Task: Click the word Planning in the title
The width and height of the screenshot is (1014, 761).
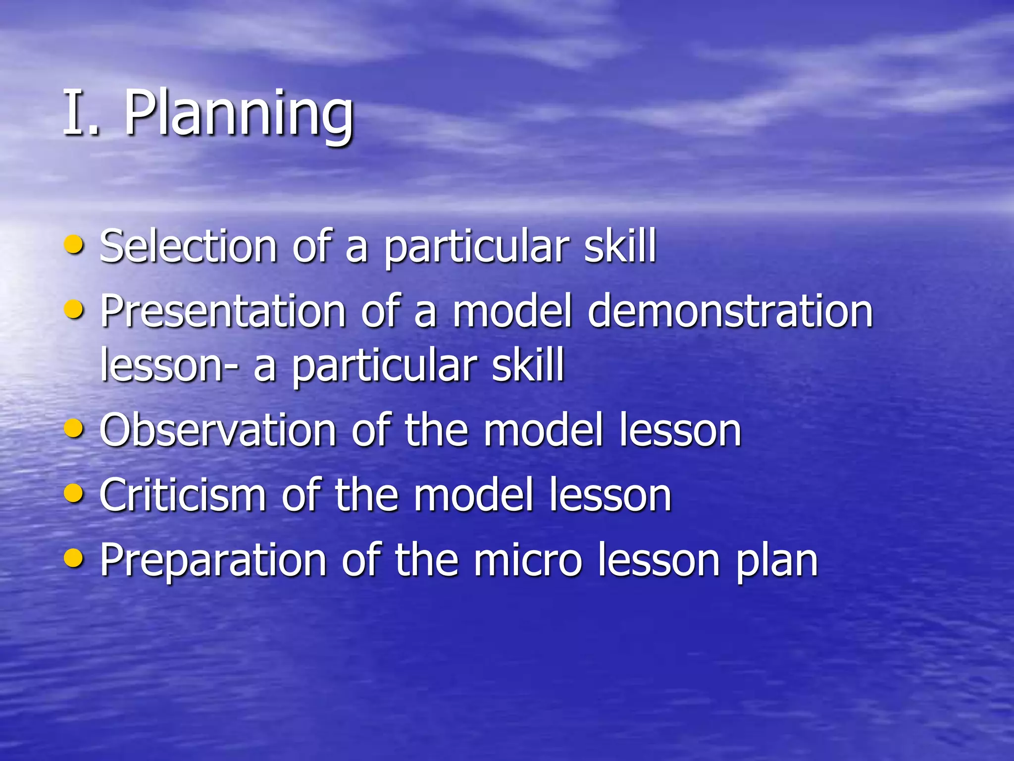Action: pyautogui.click(x=239, y=115)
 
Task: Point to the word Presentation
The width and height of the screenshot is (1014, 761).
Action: pyautogui.click(x=223, y=312)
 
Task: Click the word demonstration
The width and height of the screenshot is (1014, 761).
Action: pyautogui.click(x=730, y=312)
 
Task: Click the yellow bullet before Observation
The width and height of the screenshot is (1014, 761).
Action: pyautogui.click(x=74, y=428)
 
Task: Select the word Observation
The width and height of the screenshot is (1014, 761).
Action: pyautogui.click(x=218, y=430)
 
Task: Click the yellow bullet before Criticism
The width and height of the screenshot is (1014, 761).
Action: pyautogui.click(x=74, y=492)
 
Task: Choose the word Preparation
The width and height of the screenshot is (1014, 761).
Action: pyautogui.click(x=213, y=561)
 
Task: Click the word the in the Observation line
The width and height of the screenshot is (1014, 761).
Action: pyautogui.click(x=436, y=430)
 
